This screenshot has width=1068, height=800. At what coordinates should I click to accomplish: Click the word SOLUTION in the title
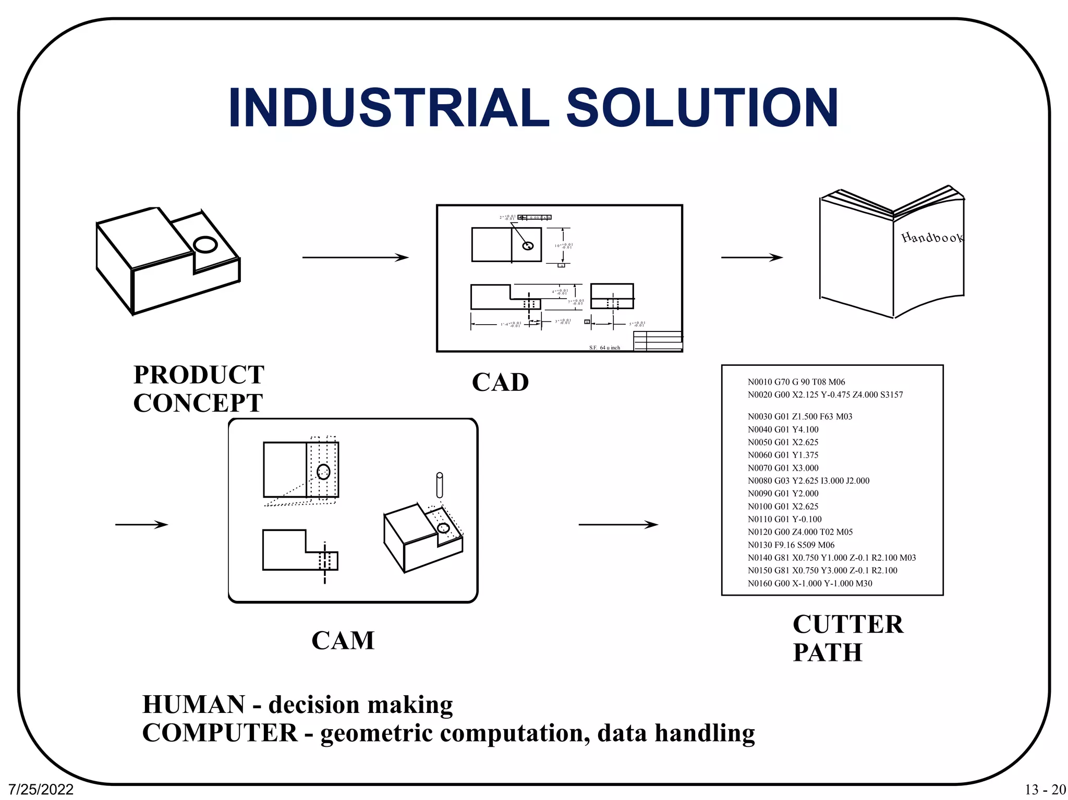click(x=702, y=108)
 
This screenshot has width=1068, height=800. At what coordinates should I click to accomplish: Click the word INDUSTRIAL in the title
click(x=389, y=108)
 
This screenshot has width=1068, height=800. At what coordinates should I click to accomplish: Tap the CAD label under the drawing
click(x=500, y=383)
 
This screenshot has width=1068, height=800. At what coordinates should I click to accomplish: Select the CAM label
click(x=343, y=641)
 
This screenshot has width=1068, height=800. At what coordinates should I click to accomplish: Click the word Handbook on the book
click(x=932, y=238)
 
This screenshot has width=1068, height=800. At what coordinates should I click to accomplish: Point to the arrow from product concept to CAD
click(x=355, y=257)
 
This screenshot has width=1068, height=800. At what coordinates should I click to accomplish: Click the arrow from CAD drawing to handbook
click(x=751, y=257)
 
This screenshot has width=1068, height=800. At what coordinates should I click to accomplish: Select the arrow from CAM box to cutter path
click(x=618, y=524)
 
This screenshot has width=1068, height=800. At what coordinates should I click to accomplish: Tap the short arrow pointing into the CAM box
click(x=141, y=524)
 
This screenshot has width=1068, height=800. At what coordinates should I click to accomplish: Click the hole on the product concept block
click(x=205, y=244)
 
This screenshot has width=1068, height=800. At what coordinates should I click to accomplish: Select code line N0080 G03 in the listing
click(x=808, y=481)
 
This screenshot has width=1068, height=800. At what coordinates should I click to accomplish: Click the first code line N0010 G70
click(x=796, y=382)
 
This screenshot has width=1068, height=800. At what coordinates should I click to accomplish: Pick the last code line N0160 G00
click(x=809, y=583)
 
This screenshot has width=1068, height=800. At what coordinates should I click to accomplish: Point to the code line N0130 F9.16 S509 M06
click(x=791, y=545)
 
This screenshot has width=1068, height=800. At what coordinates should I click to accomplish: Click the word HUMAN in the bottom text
click(x=193, y=705)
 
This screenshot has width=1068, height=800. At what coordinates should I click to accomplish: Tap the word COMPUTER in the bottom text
click(x=220, y=733)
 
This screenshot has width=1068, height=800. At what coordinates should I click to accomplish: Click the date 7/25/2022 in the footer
click(x=41, y=790)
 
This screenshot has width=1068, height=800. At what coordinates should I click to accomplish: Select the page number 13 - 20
click(x=1045, y=790)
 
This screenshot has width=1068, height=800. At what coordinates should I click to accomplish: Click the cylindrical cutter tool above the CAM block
click(x=440, y=485)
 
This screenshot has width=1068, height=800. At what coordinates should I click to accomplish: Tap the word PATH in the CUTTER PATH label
click(x=827, y=653)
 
